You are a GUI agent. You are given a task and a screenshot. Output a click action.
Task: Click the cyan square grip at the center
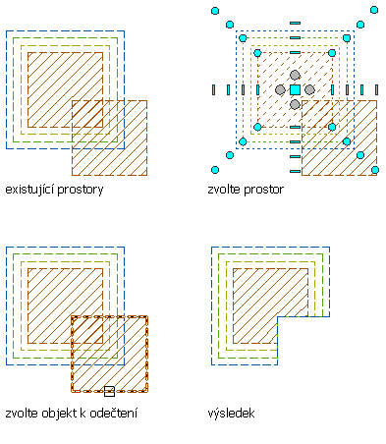tap(295, 89)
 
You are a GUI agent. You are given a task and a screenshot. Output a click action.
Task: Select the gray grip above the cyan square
tap(295, 75)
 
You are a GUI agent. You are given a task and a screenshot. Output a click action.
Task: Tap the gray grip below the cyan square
tap(295, 104)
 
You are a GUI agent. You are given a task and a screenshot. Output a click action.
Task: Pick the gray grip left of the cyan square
tap(280, 89)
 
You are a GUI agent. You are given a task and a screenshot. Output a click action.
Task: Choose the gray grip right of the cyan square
tap(309, 89)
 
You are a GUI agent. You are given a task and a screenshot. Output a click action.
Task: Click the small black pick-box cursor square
tap(109, 391)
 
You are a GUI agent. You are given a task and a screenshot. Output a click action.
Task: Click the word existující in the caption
tap(29, 190)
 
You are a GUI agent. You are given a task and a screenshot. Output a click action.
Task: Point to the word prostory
tap(81, 191)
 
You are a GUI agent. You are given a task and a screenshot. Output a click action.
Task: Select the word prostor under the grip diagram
tap(264, 191)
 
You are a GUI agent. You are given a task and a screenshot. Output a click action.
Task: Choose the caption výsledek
tap(231, 414)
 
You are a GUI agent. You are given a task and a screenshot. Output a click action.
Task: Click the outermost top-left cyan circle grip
tap(215, 11)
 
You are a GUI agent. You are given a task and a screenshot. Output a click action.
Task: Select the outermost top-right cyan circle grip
tap(374, 10)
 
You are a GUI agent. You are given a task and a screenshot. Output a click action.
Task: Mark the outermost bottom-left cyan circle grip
tap(215, 170)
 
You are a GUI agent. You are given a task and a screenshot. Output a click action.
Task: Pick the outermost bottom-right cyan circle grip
tap(375, 170)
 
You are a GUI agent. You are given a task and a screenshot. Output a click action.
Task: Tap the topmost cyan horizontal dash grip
tap(295, 23)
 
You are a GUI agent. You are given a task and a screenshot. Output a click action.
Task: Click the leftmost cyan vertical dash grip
tap(214, 89)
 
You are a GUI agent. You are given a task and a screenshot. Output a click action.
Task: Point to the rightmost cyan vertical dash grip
tap(376, 89)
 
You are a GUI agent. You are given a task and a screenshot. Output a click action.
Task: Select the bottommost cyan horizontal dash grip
tap(295, 171)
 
